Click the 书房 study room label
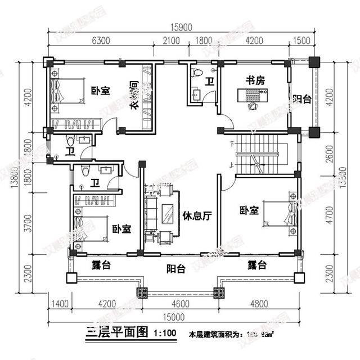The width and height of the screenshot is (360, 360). point(254,81)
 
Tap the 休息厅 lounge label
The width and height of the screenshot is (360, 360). point(196,215)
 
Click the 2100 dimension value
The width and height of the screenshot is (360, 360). point(171,40)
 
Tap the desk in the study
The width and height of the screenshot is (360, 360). point(254,99)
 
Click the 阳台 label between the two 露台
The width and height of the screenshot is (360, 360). point(175,269)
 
